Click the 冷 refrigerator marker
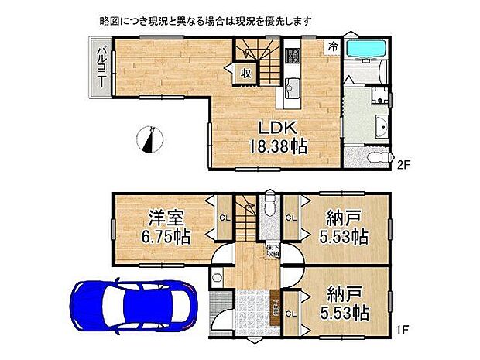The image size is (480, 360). tap(332, 46)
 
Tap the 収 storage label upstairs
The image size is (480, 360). tap(245, 74)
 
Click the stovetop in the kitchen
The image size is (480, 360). tap(294, 56)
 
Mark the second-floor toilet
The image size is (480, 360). tap(375, 157)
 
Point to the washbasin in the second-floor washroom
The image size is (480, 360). tap(381, 128)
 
